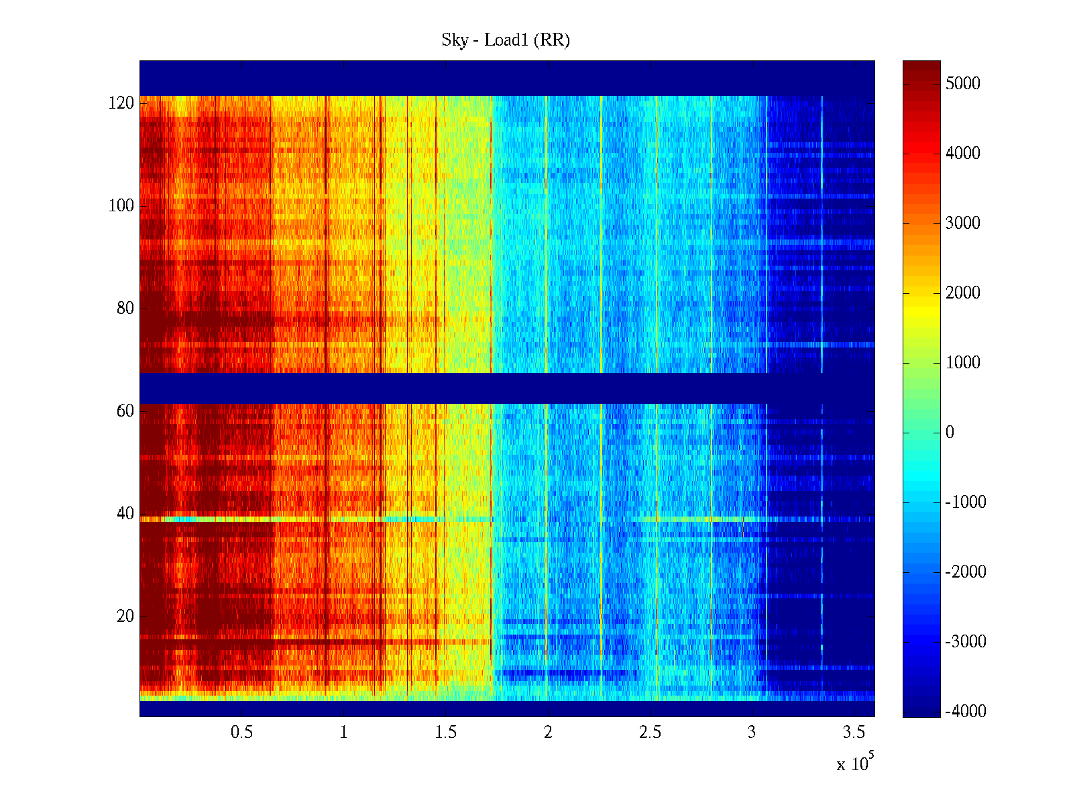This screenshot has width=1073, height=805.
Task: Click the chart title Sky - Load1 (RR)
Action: [505, 40]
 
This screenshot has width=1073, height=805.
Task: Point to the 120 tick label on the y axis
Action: [121, 103]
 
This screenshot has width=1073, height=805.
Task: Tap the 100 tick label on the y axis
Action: [121, 206]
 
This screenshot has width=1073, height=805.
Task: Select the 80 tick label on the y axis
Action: [125, 309]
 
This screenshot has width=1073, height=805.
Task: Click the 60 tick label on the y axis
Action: [125, 411]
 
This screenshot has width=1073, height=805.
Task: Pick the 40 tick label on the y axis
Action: [125, 514]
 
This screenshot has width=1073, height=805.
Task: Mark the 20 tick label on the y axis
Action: [125, 616]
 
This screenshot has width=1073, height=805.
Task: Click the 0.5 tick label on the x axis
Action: [241, 733]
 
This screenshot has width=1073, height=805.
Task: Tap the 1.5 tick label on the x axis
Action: [445, 733]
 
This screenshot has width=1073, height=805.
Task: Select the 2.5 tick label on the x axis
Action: [650, 733]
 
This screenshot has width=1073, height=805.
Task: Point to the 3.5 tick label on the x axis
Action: [854, 733]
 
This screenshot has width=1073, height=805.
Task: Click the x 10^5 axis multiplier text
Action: [854, 763]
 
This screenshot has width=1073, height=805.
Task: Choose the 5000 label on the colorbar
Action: [962, 84]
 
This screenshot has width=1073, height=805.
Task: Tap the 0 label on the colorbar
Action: [950, 433]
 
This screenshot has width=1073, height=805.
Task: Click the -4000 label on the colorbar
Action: [966, 712]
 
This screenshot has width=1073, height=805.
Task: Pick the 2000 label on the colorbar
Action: [962, 293]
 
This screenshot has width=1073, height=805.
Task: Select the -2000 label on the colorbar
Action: [966, 572]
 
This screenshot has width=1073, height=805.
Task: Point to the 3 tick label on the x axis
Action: [752, 733]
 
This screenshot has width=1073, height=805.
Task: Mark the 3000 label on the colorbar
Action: [962, 223]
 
